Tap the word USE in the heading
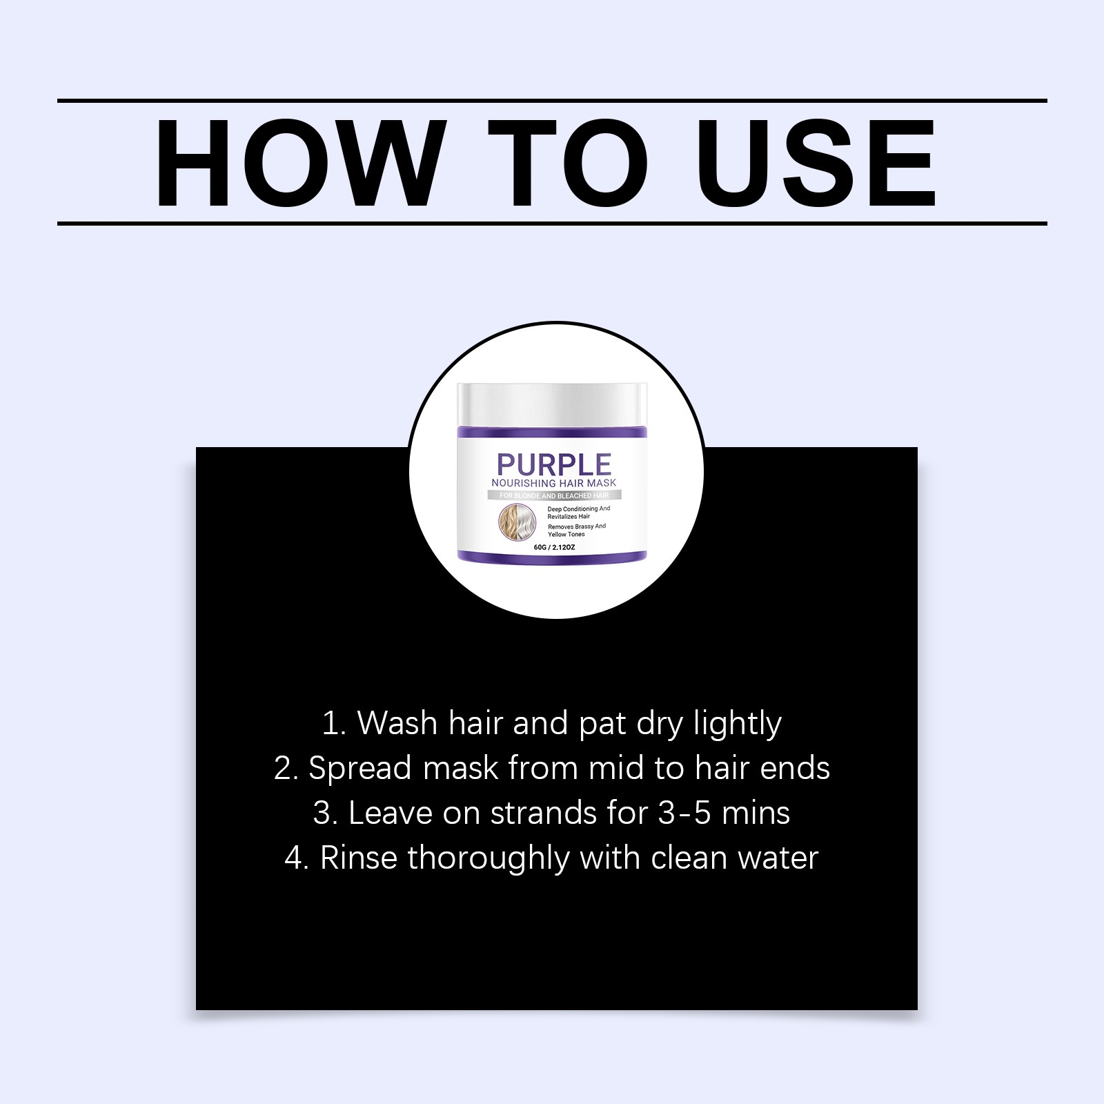pyautogui.click(x=816, y=163)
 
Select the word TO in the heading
pyautogui.click(x=568, y=163)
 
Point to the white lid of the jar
pyautogui.click(x=552, y=404)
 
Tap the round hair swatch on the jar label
pyautogui.click(x=517, y=522)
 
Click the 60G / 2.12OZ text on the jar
pyautogui.click(x=554, y=547)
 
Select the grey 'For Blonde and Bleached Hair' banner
pyautogui.click(x=554, y=495)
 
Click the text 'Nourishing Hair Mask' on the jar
pyautogui.click(x=554, y=483)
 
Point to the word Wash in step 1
pyautogui.click(x=397, y=723)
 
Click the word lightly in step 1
pyautogui.click(x=738, y=724)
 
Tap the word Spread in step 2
pyautogui.click(x=359, y=769)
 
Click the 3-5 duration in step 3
pyautogui.click(x=684, y=814)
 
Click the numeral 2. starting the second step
pyautogui.click(x=286, y=769)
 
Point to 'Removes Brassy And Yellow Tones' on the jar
pyautogui.click(x=577, y=530)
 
